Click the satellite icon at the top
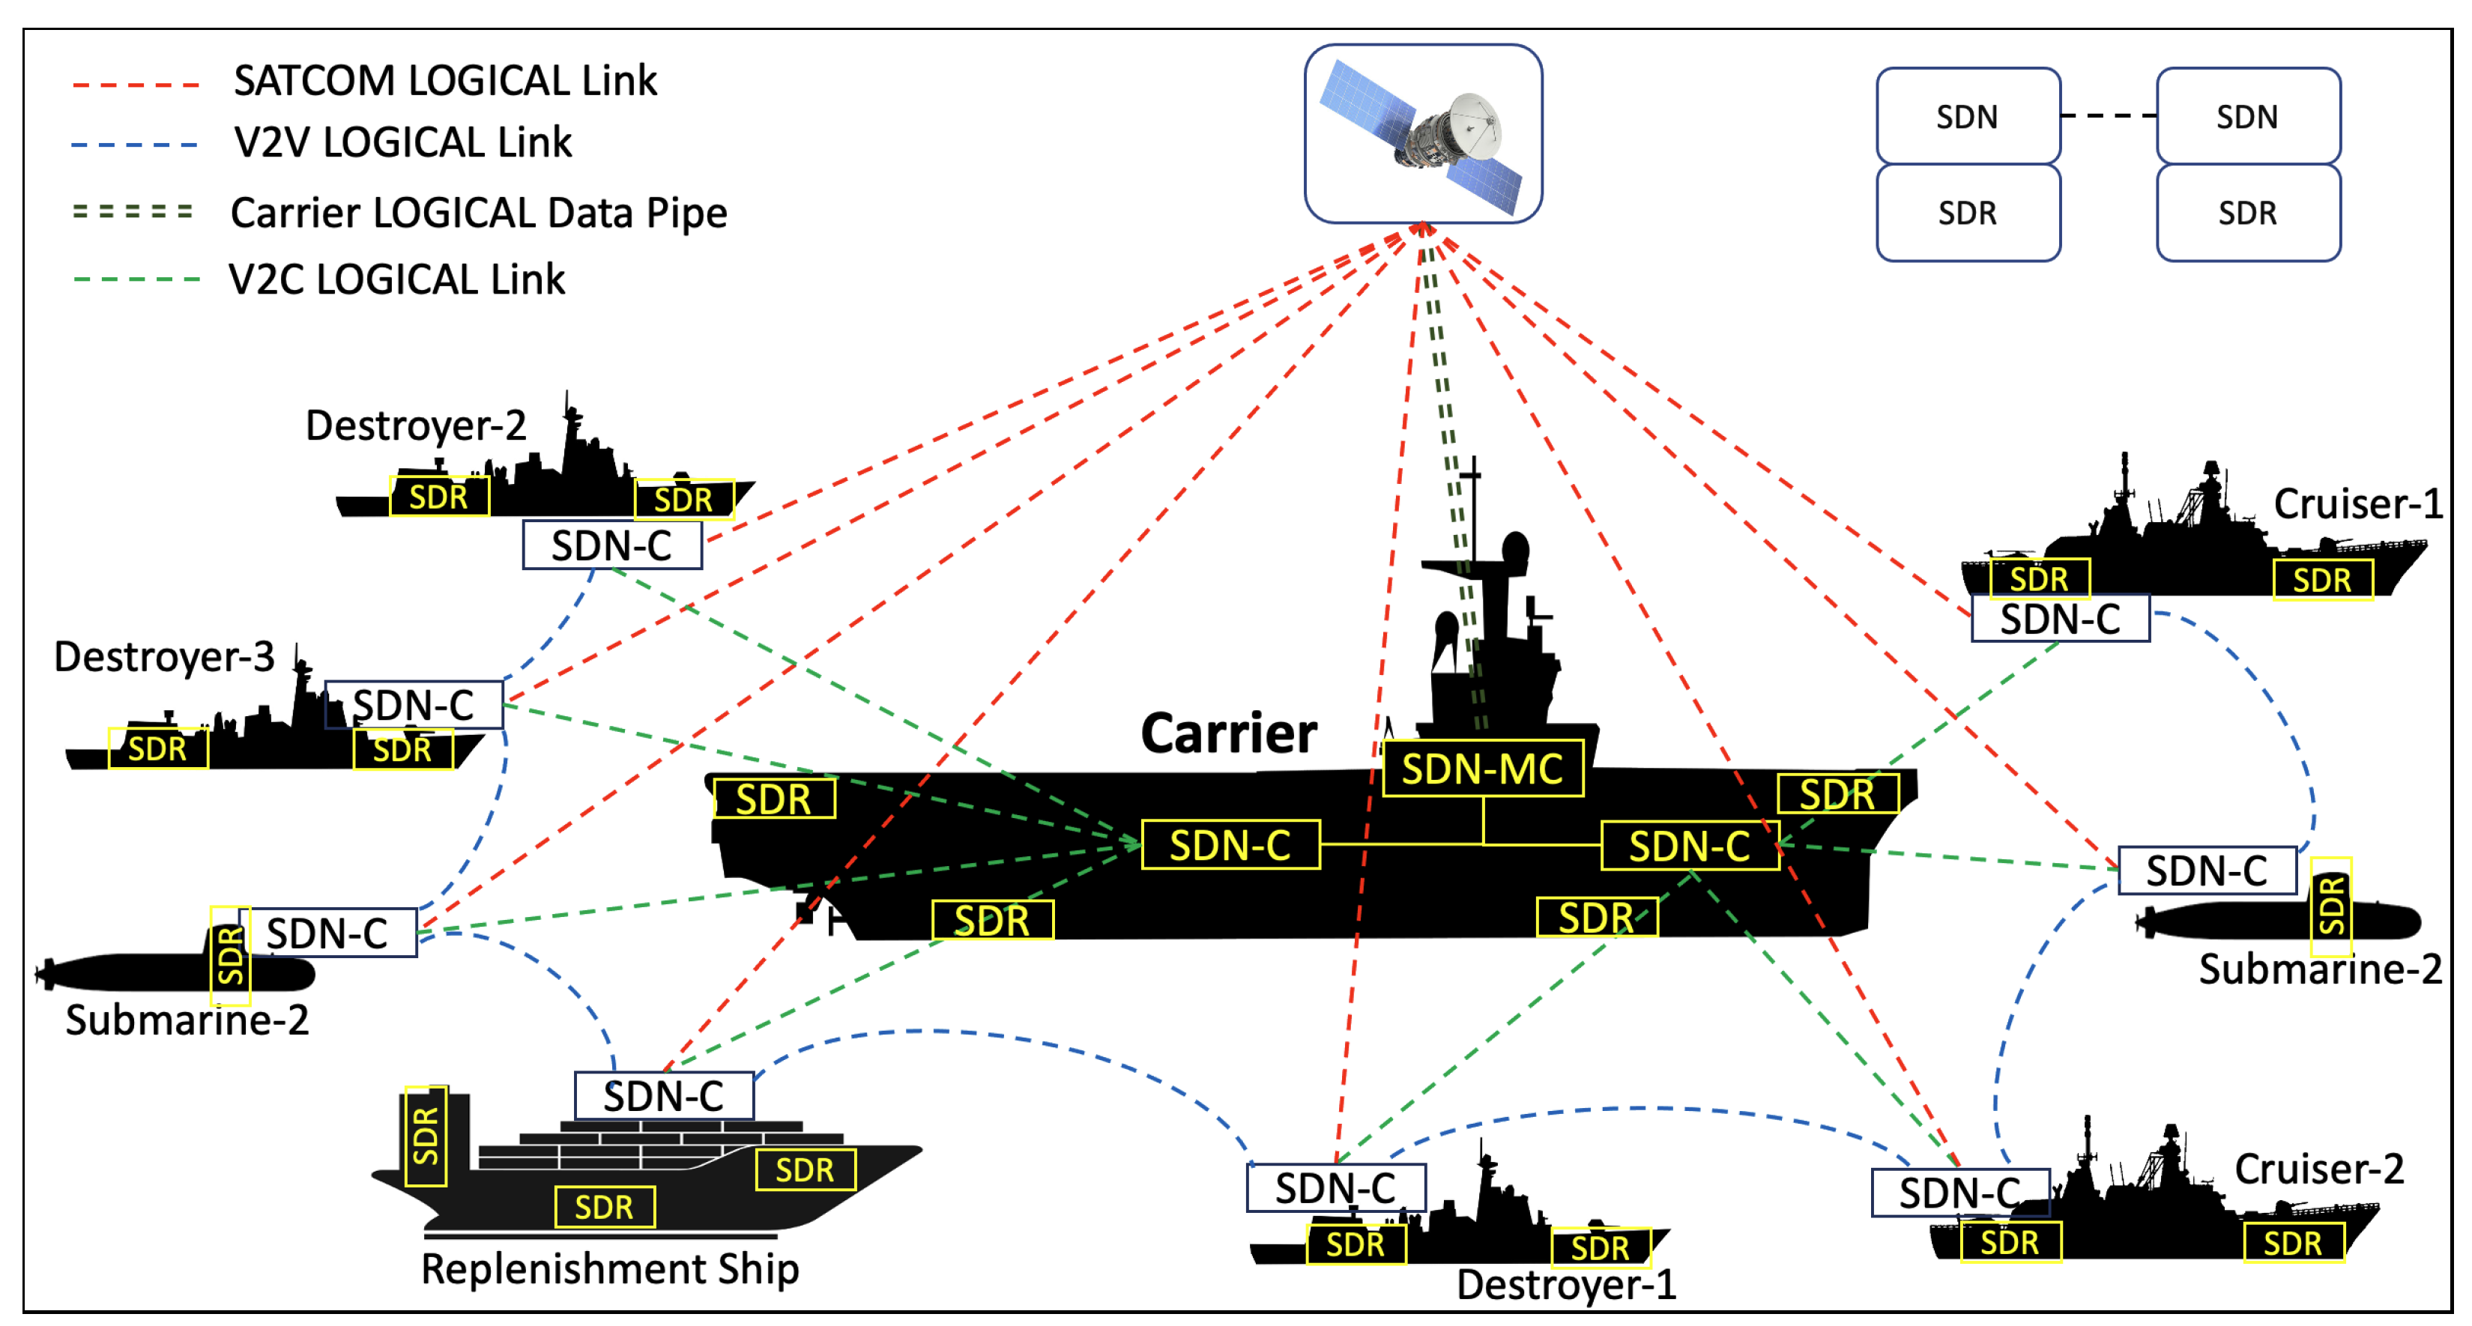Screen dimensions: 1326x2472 (1422, 134)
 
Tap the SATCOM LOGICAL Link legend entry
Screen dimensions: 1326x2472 (444, 81)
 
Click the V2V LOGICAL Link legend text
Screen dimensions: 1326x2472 (402, 143)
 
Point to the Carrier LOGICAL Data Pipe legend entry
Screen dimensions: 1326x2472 (478, 213)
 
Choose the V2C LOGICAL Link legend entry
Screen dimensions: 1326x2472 (396, 280)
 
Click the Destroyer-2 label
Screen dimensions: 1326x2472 (416, 425)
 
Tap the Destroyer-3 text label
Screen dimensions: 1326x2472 (164, 657)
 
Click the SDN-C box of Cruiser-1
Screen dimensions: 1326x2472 (2059, 619)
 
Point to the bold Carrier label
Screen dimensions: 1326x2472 (1228, 734)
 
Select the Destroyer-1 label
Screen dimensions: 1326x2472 (1565, 1285)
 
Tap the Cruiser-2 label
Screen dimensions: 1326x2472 (2318, 1169)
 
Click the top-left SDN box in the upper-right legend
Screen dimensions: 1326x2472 (1967, 116)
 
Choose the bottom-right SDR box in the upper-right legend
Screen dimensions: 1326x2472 (2247, 213)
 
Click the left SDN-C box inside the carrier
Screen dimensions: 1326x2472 (1230, 845)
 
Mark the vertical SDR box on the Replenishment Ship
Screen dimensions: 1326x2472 (425, 1136)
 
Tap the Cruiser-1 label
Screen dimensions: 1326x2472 (2357, 503)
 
